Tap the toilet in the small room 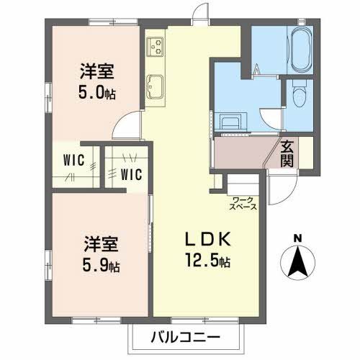pos(298,94)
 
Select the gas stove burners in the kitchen pos(155,47)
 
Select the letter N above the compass pos(297,238)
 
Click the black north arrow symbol pos(297,263)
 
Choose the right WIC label pos(131,173)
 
